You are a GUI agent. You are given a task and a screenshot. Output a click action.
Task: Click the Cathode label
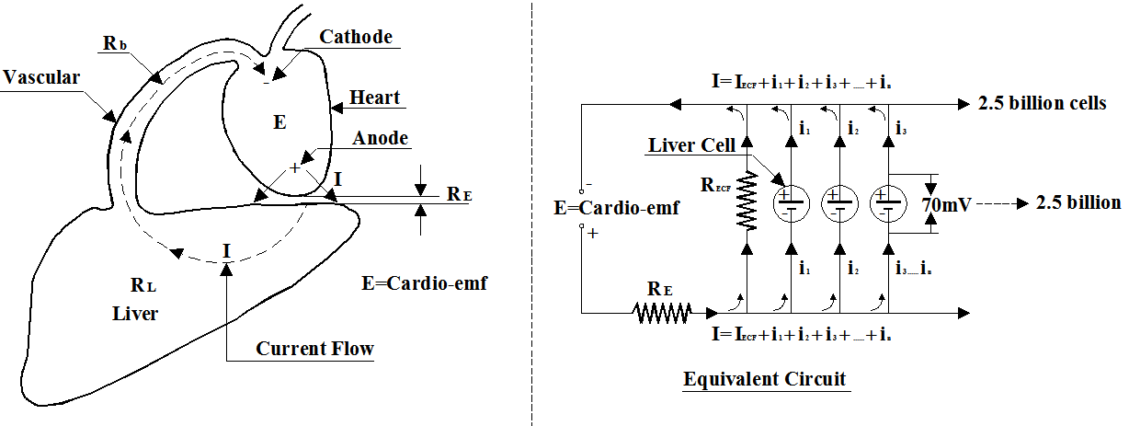tap(356, 37)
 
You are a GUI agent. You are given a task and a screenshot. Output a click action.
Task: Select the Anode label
tap(380, 138)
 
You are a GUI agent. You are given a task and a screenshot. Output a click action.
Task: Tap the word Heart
tap(375, 98)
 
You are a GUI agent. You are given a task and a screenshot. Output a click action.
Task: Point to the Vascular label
tap(41, 77)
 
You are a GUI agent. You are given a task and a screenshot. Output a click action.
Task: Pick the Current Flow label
tap(314, 349)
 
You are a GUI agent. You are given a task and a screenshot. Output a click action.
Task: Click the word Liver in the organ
tap(135, 314)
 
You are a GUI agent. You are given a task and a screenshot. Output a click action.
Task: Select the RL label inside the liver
tap(134, 284)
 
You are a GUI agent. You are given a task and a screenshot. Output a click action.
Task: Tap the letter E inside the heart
tap(280, 121)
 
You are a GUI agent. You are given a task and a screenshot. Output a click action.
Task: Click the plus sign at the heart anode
tap(295, 167)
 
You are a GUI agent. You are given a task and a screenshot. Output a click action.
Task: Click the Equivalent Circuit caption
tap(764, 378)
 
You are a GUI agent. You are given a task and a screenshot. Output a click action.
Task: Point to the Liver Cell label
tap(690, 145)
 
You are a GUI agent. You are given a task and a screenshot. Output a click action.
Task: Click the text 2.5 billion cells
tap(1043, 102)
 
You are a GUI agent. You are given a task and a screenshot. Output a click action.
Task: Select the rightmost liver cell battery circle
tap(887, 201)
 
